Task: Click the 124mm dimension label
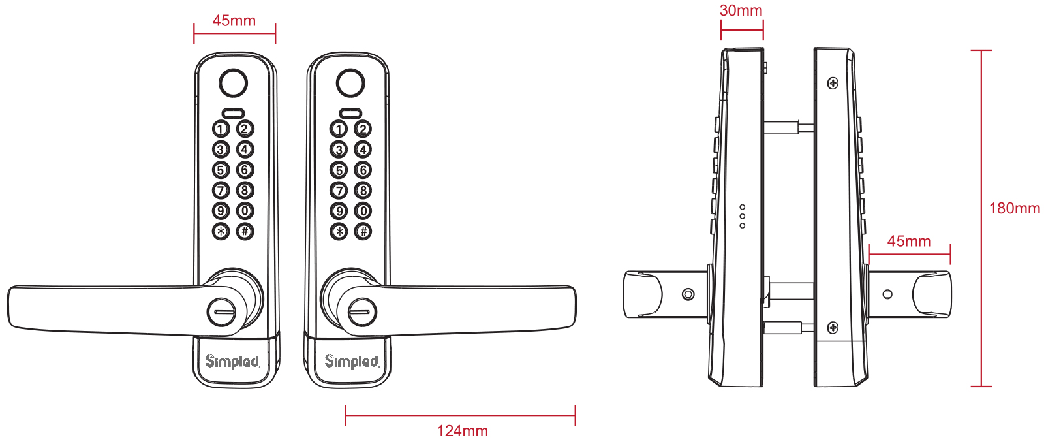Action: [x=462, y=430]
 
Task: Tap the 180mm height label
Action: [x=1014, y=208]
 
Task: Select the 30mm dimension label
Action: [x=741, y=10]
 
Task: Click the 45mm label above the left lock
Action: [x=234, y=20]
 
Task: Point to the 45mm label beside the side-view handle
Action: [x=909, y=241]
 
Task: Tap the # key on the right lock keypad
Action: [x=363, y=231]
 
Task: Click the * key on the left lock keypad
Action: [x=221, y=231]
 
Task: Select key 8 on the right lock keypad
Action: [x=363, y=191]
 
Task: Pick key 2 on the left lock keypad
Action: [x=245, y=129]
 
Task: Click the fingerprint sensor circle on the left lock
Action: [x=233, y=83]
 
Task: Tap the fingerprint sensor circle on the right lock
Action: [x=350, y=83]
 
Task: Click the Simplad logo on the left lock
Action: [x=232, y=361]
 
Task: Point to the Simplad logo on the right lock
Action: [x=352, y=361]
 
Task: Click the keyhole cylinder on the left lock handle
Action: [x=221, y=312]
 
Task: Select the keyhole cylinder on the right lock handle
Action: [x=362, y=312]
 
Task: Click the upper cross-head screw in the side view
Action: [x=833, y=84]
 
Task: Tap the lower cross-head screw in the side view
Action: [x=833, y=328]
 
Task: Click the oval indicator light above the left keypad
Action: [x=233, y=113]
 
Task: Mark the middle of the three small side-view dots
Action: [x=742, y=216]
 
